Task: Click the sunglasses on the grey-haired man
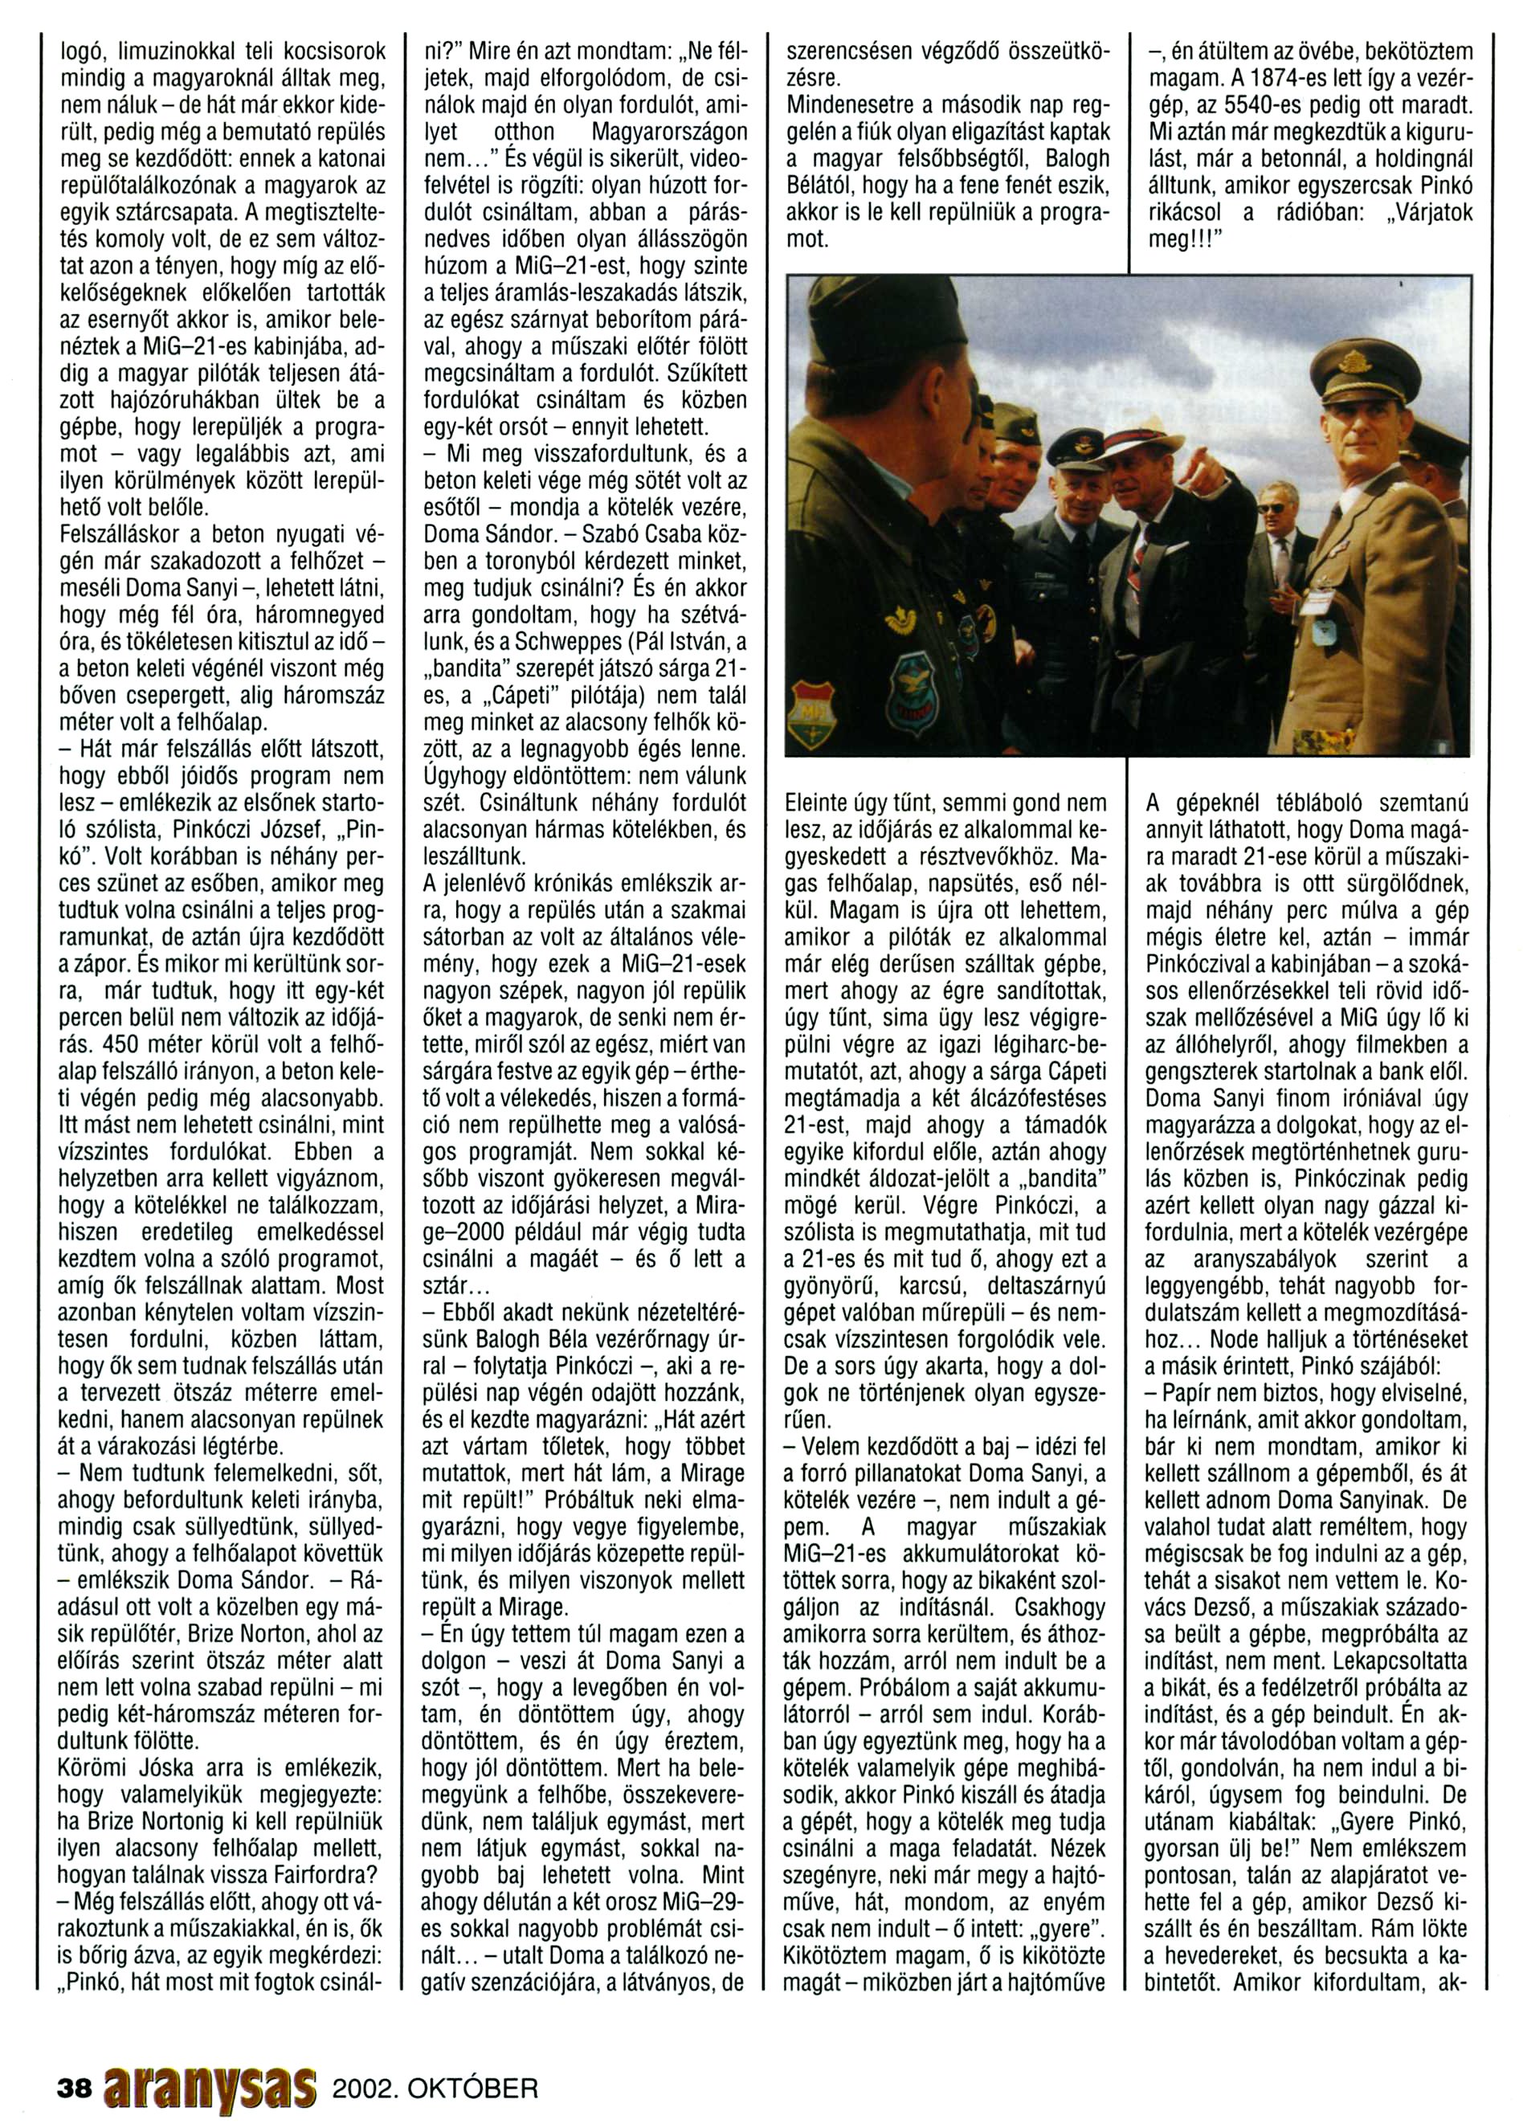click(x=1272, y=508)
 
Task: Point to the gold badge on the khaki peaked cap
click(x=1353, y=360)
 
